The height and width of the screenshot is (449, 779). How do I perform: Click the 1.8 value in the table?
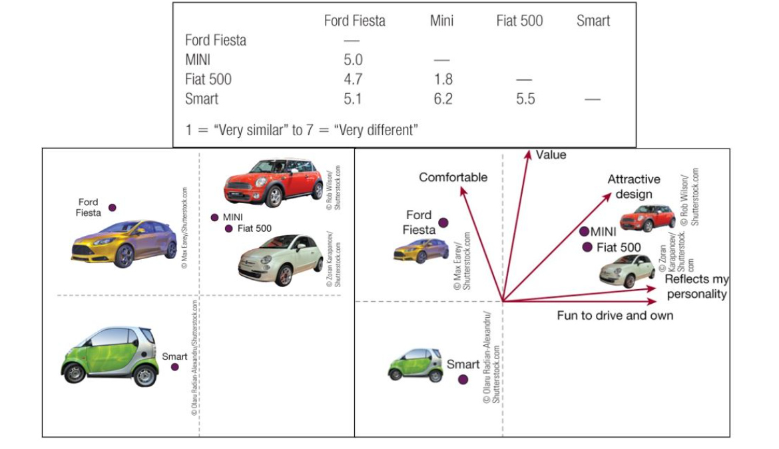pos(443,79)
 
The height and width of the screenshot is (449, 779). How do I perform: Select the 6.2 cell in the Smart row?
pos(443,99)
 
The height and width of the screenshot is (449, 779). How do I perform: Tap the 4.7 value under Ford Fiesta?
pos(353,79)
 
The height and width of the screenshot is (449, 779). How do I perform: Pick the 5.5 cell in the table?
pos(525,99)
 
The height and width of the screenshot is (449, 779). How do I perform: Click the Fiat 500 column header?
pos(519,21)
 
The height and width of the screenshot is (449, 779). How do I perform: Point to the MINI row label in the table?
pos(198,60)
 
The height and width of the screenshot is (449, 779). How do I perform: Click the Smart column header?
pos(593,21)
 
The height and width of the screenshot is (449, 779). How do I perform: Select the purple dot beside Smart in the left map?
pos(175,367)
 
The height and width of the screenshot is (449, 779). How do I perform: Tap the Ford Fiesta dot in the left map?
pos(113,208)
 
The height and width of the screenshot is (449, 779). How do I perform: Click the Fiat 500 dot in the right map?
pos(587,247)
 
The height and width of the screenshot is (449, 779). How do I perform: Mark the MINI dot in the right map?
pos(585,231)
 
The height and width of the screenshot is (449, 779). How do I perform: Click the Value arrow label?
pos(551,155)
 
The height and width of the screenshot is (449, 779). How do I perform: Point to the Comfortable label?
pos(453,177)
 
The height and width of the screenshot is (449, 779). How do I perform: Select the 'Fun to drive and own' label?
pos(615,316)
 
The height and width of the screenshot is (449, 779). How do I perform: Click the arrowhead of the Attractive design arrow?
pos(608,197)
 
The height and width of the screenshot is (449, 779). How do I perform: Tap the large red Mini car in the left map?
pos(273,182)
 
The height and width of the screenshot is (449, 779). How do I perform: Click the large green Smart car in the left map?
pos(109,356)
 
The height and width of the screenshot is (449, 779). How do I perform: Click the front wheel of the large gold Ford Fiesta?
pos(124,256)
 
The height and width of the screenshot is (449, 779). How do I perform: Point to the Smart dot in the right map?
pos(463,380)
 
